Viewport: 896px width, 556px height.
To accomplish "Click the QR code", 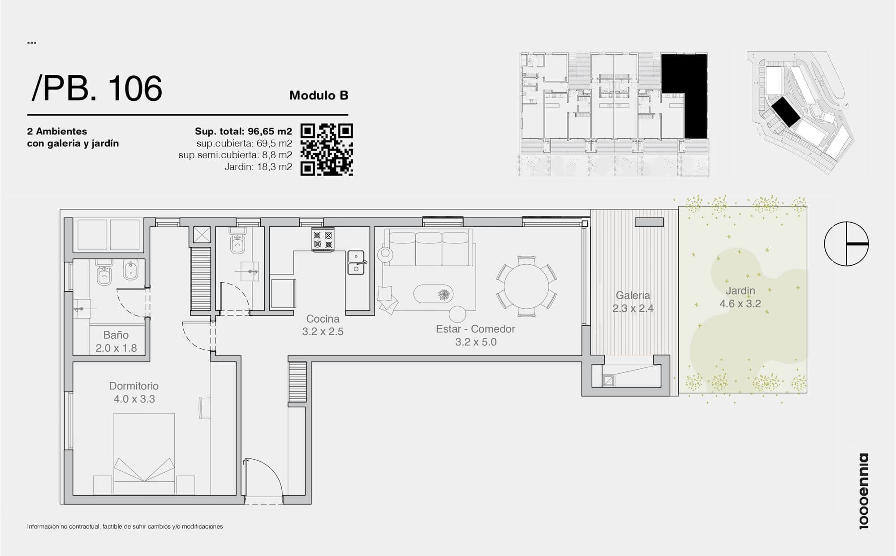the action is (327, 150).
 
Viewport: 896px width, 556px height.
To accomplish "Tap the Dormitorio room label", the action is (134, 386).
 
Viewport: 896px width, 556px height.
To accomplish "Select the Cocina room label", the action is (323, 319).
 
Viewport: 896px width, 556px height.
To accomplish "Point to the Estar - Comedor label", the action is (475, 329).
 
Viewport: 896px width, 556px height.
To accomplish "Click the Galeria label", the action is (633, 295).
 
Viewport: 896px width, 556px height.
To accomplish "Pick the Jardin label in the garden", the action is (740, 290).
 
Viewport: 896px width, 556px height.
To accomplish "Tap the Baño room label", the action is (116, 335).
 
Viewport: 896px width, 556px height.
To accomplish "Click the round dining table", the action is (526, 287).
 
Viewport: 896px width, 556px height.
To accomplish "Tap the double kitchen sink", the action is (357, 263).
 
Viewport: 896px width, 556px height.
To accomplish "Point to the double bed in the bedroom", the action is (144, 453).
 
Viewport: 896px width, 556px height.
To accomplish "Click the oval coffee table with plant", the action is (433, 294).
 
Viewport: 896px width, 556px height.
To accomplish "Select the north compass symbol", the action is (846, 244).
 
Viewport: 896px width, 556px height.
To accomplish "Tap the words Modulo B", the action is (319, 95).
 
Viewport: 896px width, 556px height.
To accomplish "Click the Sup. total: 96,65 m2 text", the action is (243, 131).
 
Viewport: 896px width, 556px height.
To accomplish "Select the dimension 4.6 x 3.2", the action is (740, 304).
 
